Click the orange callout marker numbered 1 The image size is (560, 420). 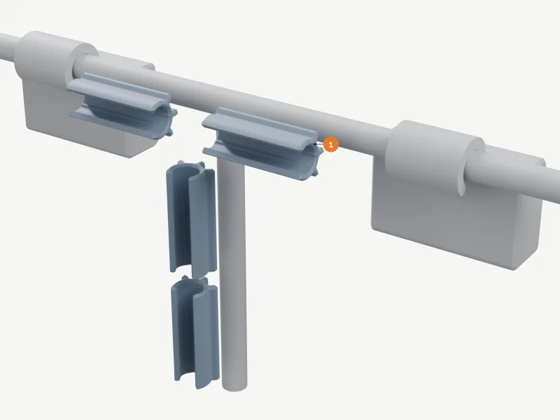pos(330,145)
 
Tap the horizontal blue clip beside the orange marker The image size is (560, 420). pos(262,143)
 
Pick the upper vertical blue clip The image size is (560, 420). pos(191,218)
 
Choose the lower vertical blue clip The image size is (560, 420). pos(195,332)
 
